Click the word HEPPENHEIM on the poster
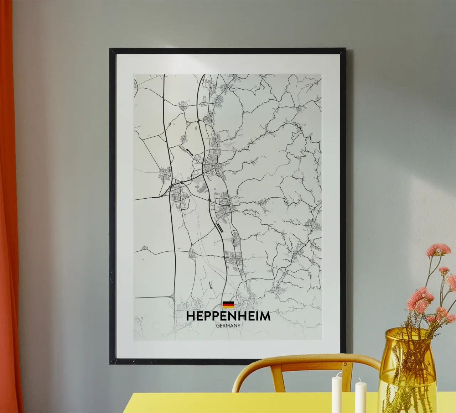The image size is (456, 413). click(228, 316)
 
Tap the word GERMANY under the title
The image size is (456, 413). click(228, 325)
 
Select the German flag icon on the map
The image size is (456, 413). click(228, 305)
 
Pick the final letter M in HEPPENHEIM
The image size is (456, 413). click(265, 316)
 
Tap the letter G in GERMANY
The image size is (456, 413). click(217, 325)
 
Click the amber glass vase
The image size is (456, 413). click(406, 374)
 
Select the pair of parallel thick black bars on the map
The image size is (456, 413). click(220, 227)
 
